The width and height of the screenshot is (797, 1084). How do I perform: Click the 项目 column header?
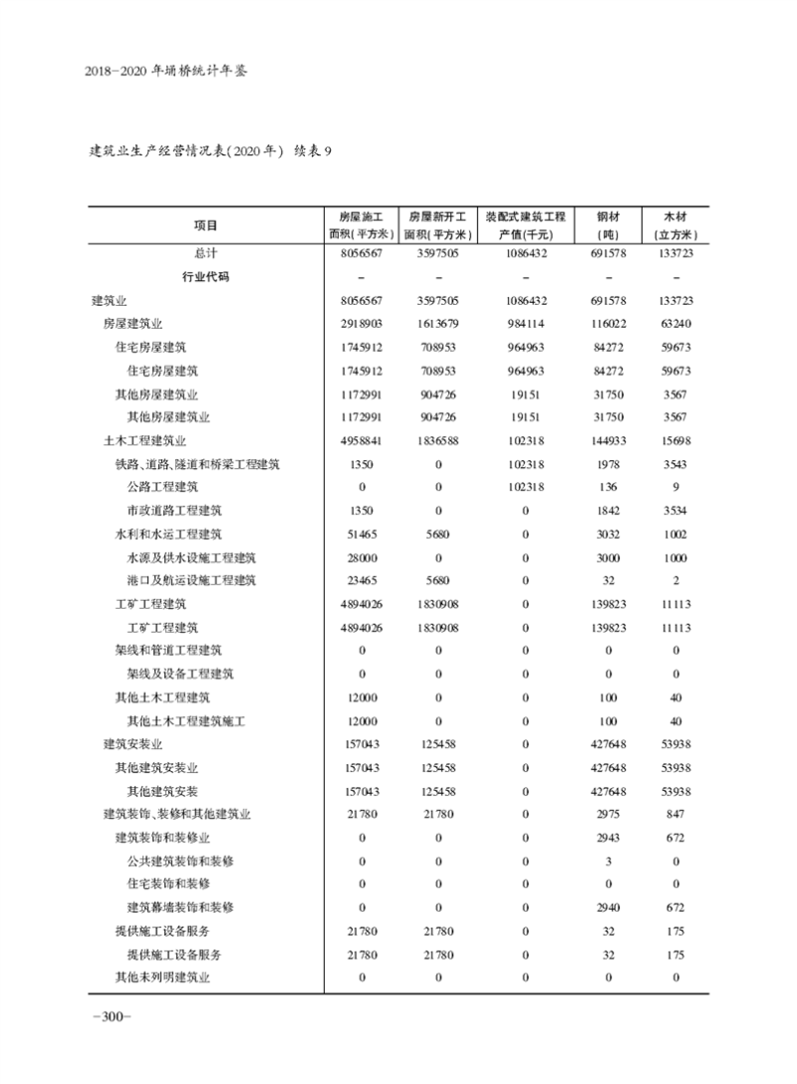[x=205, y=225]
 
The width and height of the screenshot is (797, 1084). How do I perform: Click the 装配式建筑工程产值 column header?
[x=525, y=225]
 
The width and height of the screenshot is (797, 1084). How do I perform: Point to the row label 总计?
[x=205, y=254]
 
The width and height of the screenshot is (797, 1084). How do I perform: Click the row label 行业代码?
[x=205, y=277]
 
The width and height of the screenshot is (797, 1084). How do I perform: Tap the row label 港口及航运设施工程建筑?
[x=191, y=581]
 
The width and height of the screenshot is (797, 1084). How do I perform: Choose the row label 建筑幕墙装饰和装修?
[x=180, y=908]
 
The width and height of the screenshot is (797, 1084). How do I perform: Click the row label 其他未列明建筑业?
[x=162, y=977]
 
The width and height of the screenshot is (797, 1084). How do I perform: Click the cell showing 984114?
[x=525, y=324]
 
